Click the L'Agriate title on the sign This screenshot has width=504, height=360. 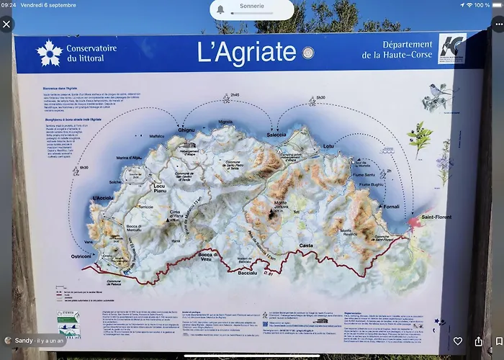pos(246,51)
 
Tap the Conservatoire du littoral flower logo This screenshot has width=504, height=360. pos(49,52)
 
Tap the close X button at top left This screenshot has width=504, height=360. pos(7,24)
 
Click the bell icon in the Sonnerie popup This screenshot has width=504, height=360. pos(221,9)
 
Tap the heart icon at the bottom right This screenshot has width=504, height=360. pos(458,341)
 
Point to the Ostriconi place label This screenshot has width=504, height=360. pos(81,256)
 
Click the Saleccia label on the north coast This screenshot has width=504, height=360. pos(276,135)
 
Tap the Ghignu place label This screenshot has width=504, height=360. pos(186,130)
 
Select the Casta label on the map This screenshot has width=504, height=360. pos(306,246)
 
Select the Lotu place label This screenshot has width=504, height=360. pos(328,147)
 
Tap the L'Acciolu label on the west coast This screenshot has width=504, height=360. pos(103,198)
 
